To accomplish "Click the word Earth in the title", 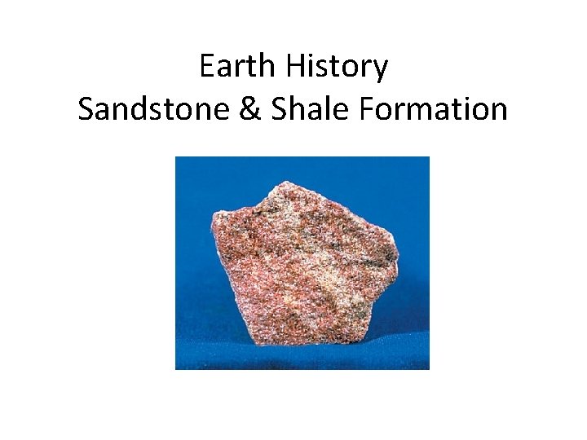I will [x=239, y=67].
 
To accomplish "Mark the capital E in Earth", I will [x=207, y=67].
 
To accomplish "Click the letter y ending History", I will [x=380, y=71].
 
